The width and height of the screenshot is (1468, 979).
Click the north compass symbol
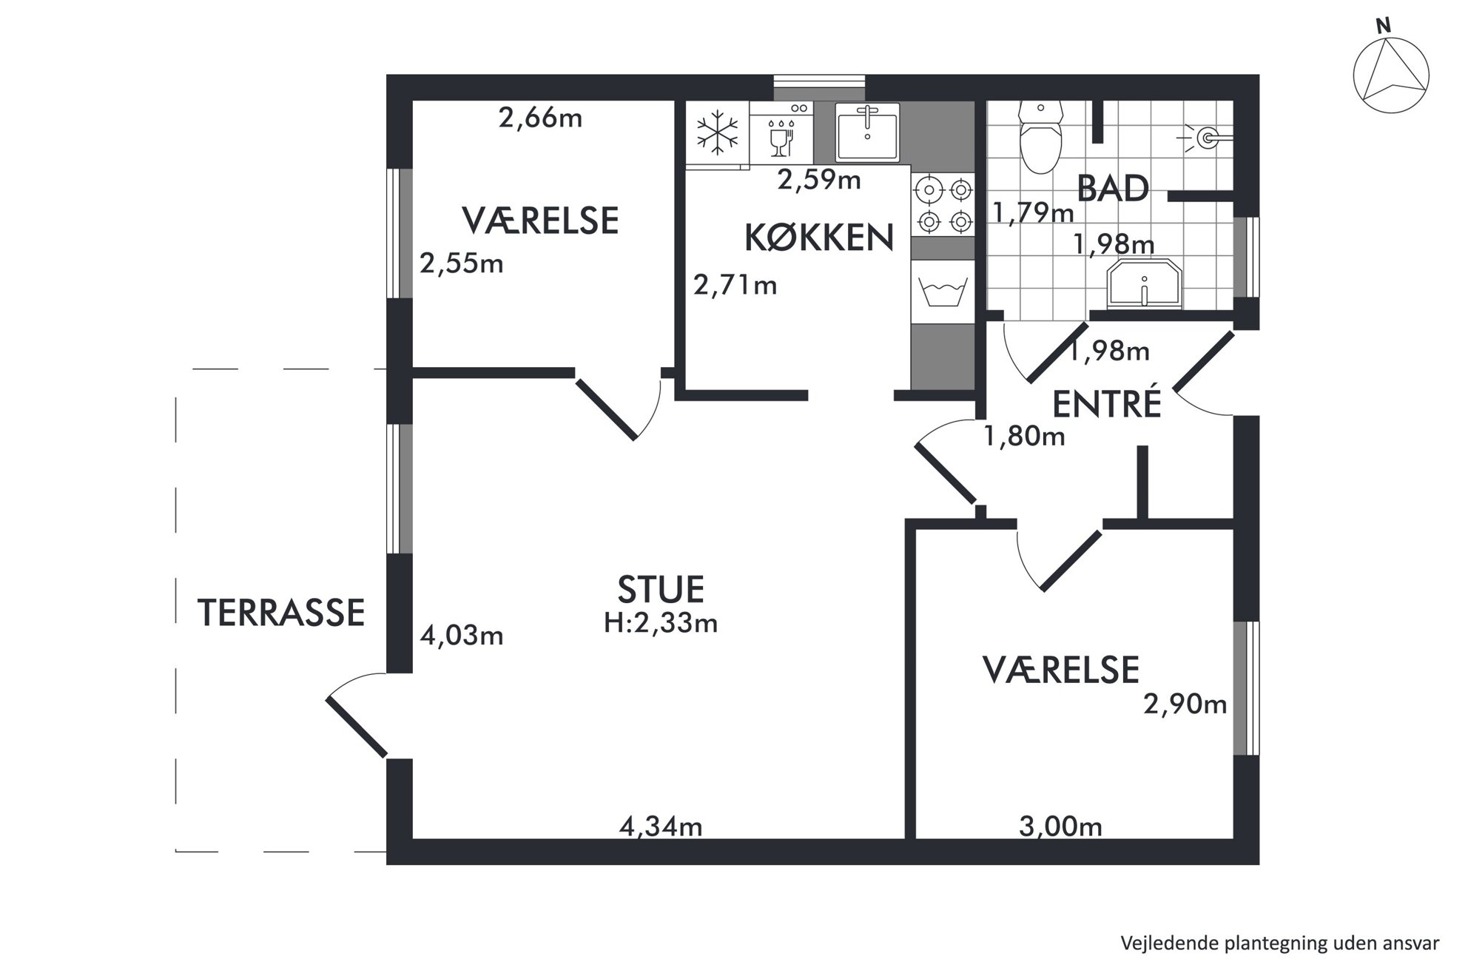pyautogui.click(x=1390, y=74)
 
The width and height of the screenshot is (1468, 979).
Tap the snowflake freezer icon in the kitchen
pyautogui.click(x=717, y=133)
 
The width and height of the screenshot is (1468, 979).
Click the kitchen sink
pyautogui.click(x=867, y=132)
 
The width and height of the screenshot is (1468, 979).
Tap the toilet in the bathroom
pyautogui.click(x=1040, y=137)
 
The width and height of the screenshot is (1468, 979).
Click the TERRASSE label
pyautogui.click(x=281, y=613)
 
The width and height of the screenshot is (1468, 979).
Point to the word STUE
pyautogui.click(x=661, y=589)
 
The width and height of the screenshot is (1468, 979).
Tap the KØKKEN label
pyautogui.click(x=819, y=238)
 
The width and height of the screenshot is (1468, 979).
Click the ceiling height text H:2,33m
pyautogui.click(x=661, y=623)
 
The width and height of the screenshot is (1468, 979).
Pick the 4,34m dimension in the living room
pyautogui.click(x=660, y=826)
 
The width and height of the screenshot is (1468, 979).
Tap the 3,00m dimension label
pyautogui.click(x=1060, y=826)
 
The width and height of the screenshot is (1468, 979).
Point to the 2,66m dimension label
pyautogui.click(x=540, y=118)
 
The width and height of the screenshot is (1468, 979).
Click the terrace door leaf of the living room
pyautogui.click(x=357, y=727)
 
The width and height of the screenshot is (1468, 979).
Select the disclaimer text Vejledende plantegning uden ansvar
pyautogui.click(x=1280, y=943)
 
